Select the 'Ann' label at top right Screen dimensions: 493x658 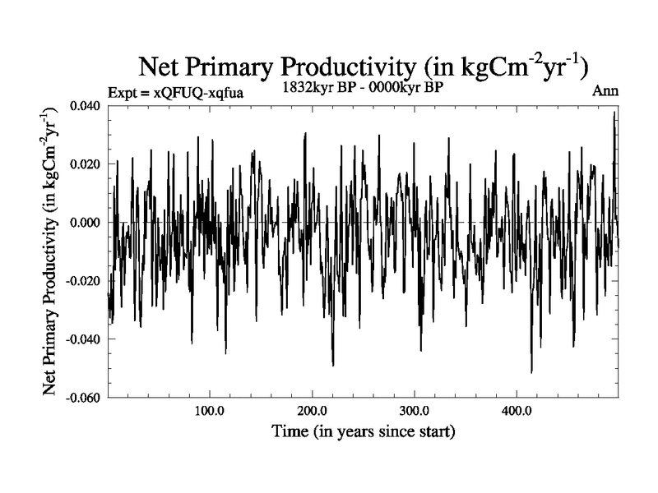pos(605,91)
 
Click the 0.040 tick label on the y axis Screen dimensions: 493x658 pos(86,106)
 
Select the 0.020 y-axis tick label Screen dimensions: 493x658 pos(86,164)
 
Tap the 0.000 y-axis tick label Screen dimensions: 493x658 pos(86,223)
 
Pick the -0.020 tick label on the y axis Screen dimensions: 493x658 pos(84,281)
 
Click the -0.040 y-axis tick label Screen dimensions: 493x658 pos(84,339)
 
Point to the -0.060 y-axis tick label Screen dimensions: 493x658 pos(84,398)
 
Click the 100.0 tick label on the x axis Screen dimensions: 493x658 pos(210,410)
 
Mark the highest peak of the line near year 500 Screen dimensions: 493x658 pos(614,112)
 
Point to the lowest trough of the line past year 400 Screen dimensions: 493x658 pos(531,372)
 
